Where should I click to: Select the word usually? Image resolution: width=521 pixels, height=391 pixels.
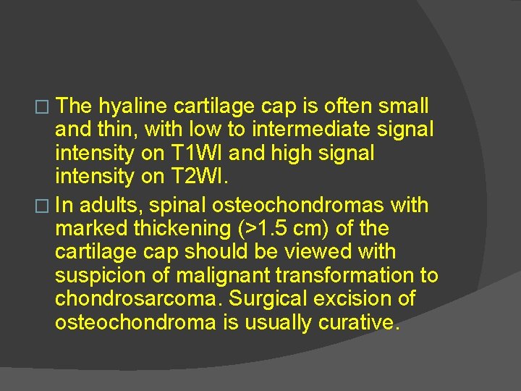[276, 323]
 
